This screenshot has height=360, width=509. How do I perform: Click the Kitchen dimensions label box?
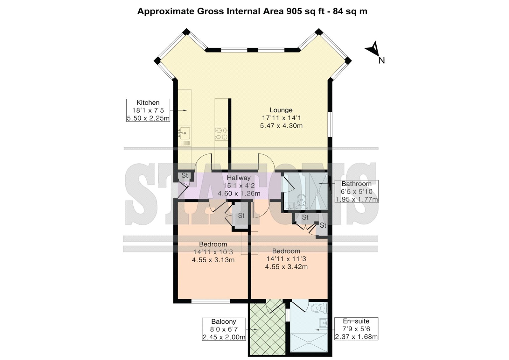pos(148,110)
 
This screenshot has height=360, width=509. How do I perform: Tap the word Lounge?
pos(281,110)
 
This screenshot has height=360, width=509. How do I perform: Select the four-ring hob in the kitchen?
pos(221,133)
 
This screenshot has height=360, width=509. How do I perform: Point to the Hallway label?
pos(239,178)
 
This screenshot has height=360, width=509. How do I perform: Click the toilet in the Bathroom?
pos(301,202)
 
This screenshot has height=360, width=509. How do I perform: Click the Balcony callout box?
pos(224,329)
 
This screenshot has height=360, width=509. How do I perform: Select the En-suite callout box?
pos(356,328)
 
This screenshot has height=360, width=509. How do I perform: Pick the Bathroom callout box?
pos(357,191)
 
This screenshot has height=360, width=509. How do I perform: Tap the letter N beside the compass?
pos(381,60)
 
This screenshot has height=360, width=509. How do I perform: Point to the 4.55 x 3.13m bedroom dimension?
pos(213,260)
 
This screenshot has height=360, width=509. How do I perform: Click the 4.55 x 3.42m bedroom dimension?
pos(286,266)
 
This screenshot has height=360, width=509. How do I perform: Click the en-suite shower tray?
pos(309,342)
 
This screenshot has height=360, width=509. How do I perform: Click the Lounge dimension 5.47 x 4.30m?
pos(281,125)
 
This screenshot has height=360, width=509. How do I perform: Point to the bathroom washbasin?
pos(290,206)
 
